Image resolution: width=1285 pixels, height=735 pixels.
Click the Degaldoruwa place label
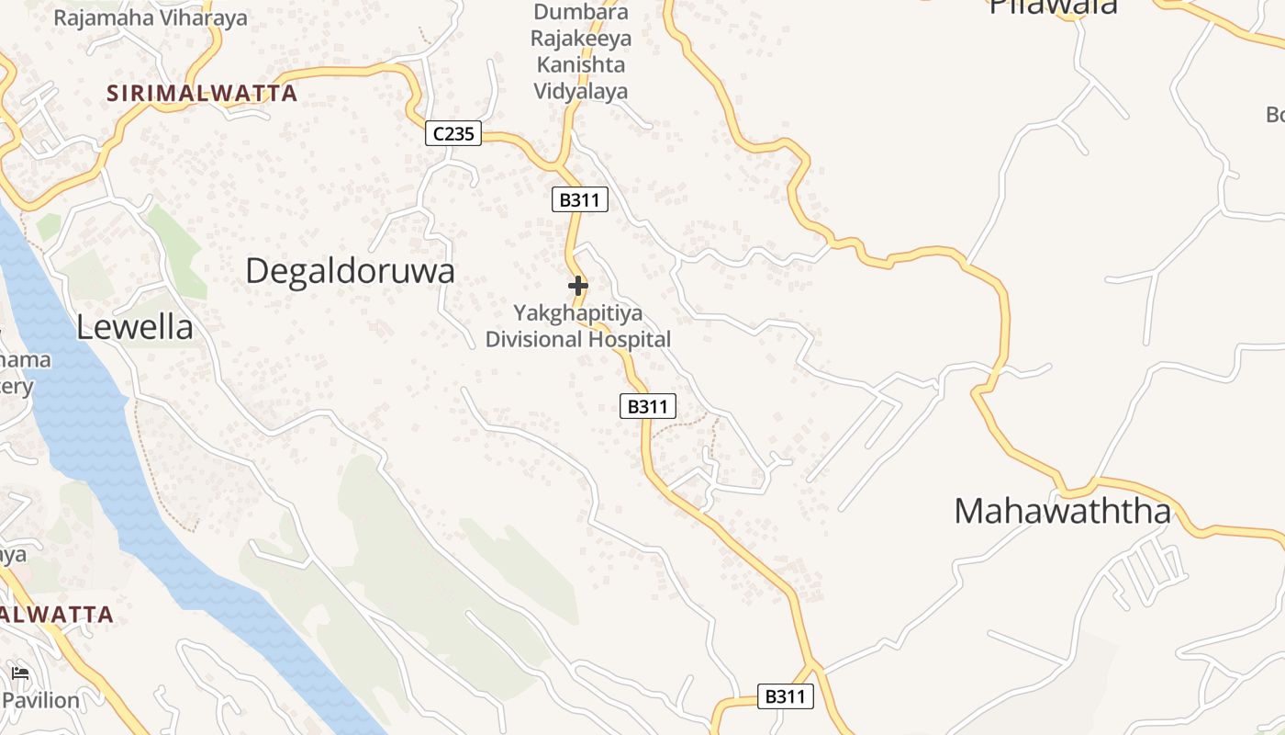click(351, 271)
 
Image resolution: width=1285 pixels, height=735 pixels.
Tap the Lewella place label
click(135, 327)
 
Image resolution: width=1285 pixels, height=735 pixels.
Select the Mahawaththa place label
click(1063, 512)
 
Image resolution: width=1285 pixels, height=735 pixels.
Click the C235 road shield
click(453, 134)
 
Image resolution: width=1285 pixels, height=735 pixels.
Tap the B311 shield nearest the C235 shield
click(580, 199)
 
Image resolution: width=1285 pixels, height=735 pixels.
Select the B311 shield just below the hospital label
click(648, 406)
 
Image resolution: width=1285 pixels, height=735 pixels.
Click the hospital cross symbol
click(578, 286)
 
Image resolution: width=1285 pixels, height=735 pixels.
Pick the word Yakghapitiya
click(578, 313)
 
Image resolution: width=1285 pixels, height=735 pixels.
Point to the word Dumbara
click(581, 13)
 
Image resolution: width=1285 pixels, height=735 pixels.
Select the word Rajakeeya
click(581, 39)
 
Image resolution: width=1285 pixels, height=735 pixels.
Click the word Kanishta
click(581, 65)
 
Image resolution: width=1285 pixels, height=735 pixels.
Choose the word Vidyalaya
click(581, 91)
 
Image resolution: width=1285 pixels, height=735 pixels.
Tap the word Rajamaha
click(100, 17)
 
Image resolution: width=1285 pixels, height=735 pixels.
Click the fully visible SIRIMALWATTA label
click(202, 93)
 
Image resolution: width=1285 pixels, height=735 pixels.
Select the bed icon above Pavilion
click(20, 673)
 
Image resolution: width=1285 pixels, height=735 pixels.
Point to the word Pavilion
click(41, 700)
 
